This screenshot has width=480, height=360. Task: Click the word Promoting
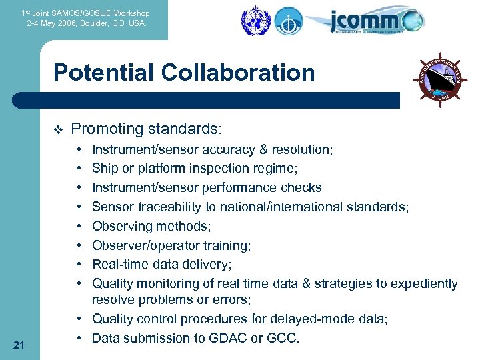coord(105,129)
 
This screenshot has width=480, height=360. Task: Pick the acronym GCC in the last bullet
coord(283,339)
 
